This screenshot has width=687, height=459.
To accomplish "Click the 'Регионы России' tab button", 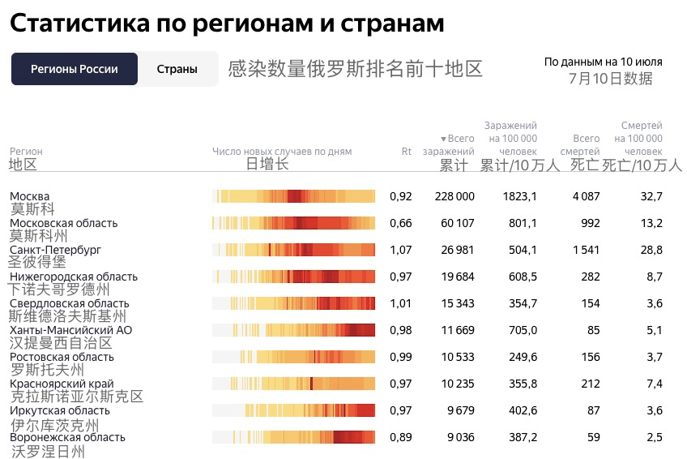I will pyautogui.click(x=75, y=69).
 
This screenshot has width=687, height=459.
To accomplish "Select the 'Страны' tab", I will pyautogui.click(x=177, y=69).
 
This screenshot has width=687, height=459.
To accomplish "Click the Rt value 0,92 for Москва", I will pyautogui.click(x=401, y=196).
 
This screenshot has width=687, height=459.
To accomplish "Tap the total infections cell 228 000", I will pyautogui.click(x=454, y=196).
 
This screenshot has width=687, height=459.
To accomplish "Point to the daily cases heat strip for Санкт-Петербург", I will pyautogui.click(x=293, y=250).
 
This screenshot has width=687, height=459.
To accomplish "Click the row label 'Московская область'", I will pyautogui.click(x=63, y=223).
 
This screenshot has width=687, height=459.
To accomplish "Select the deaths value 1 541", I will pyautogui.click(x=586, y=250).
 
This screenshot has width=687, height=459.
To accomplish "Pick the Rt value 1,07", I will pyautogui.click(x=401, y=250).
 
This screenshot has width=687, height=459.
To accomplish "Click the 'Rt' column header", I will pyautogui.click(x=407, y=152).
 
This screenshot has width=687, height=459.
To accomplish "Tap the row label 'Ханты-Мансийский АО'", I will pyautogui.click(x=70, y=330).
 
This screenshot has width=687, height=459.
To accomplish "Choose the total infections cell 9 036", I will pyautogui.click(x=458, y=437).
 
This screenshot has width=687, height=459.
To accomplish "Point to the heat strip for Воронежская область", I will pyautogui.click(x=293, y=437).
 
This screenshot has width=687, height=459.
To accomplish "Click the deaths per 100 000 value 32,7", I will pyautogui.click(x=651, y=196).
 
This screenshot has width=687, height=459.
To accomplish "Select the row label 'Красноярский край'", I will pyautogui.click(x=62, y=384).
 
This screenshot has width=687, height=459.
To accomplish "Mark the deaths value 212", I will pyautogui.click(x=590, y=384).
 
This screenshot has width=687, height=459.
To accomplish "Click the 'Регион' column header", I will pyautogui.click(x=26, y=152).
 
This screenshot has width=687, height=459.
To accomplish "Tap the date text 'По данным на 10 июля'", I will pyautogui.click(x=603, y=62).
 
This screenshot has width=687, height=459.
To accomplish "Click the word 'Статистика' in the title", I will pyautogui.click(x=79, y=24).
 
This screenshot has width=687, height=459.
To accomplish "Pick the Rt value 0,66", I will pyautogui.click(x=401, y=223).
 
